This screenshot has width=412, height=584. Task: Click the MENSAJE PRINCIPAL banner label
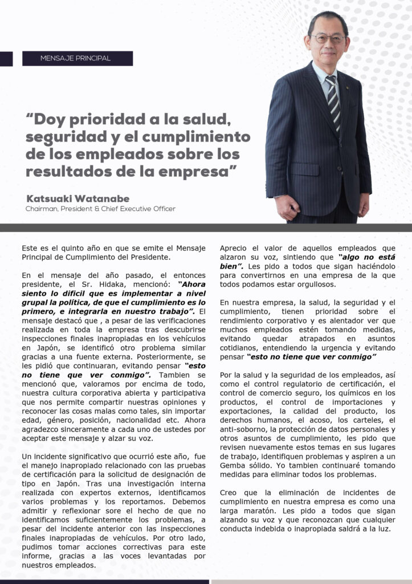pyautogui.click(x=76, y=58)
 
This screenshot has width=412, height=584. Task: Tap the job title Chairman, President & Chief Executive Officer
pyautogui.click(x=100, y=209)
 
